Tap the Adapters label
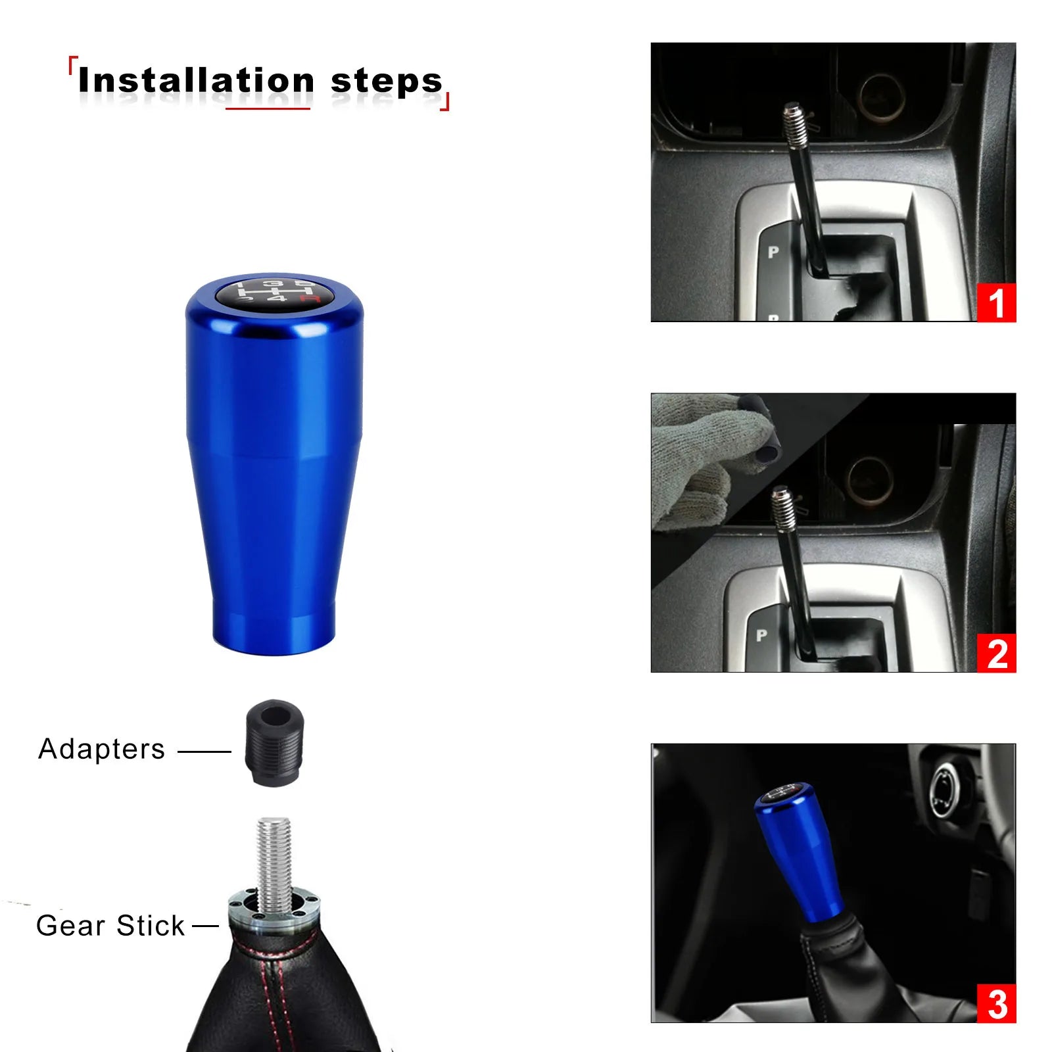coord(101,749)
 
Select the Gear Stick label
coord(110,925)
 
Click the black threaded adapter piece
coord(274,742)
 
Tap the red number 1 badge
coord(996,303)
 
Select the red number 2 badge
coord(996,653)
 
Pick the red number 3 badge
coord(996,1003)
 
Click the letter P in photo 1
coord(773,251)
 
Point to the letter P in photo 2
coord(761,635)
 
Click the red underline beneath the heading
coord(268,108)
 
